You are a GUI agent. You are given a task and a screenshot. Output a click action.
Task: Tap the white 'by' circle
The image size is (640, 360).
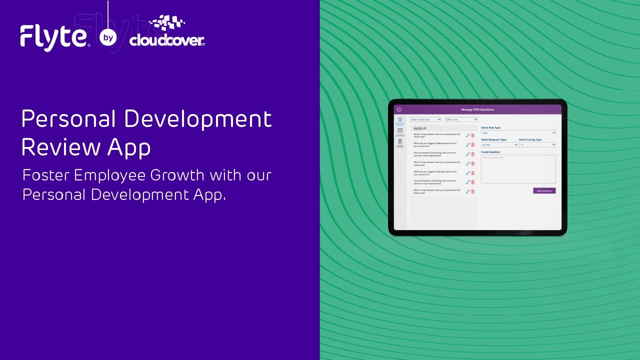[108, 37]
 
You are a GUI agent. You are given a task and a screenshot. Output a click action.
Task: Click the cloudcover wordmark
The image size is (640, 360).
[166, 40]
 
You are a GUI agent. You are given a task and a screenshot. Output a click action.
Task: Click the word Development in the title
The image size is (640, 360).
[197, 119]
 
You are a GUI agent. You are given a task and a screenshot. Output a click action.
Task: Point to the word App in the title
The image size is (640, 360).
[129, 147]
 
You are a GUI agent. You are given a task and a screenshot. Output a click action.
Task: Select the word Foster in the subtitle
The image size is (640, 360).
[46, 175]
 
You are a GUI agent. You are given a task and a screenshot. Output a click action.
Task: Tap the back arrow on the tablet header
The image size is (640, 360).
[399, 109]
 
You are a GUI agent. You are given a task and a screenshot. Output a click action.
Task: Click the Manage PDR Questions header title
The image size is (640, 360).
[477, 109]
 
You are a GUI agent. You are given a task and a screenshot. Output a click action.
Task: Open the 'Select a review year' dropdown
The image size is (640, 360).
[425, 119]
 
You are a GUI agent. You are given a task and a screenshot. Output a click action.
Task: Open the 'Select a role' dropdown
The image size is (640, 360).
[461, 119]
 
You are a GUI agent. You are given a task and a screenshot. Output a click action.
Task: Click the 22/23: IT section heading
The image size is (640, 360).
[419, 128]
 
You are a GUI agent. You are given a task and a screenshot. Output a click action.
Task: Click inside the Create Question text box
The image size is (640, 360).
[518, 169]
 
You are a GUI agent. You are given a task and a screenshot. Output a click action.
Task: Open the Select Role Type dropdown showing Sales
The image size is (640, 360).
[518, 132]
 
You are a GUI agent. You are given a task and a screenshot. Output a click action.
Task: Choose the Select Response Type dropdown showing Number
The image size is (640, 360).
[499, 145]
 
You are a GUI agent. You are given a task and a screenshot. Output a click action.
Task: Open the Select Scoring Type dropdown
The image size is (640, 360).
[537, 145]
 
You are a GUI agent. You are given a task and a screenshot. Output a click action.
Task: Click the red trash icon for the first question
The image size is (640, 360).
[473, 135]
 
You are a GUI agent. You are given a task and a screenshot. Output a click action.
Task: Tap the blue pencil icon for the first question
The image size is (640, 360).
[468, 135]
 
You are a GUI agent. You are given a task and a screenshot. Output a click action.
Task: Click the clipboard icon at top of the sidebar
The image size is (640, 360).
[400, 119]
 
